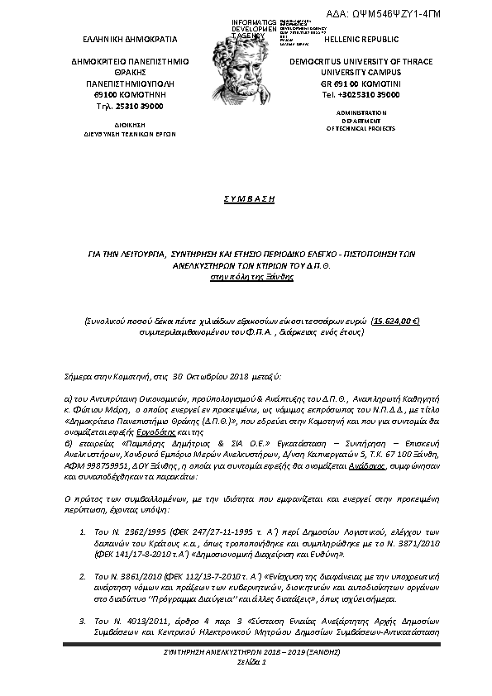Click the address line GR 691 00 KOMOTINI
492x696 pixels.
pos(361,83)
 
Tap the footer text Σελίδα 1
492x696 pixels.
pos(245,663)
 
